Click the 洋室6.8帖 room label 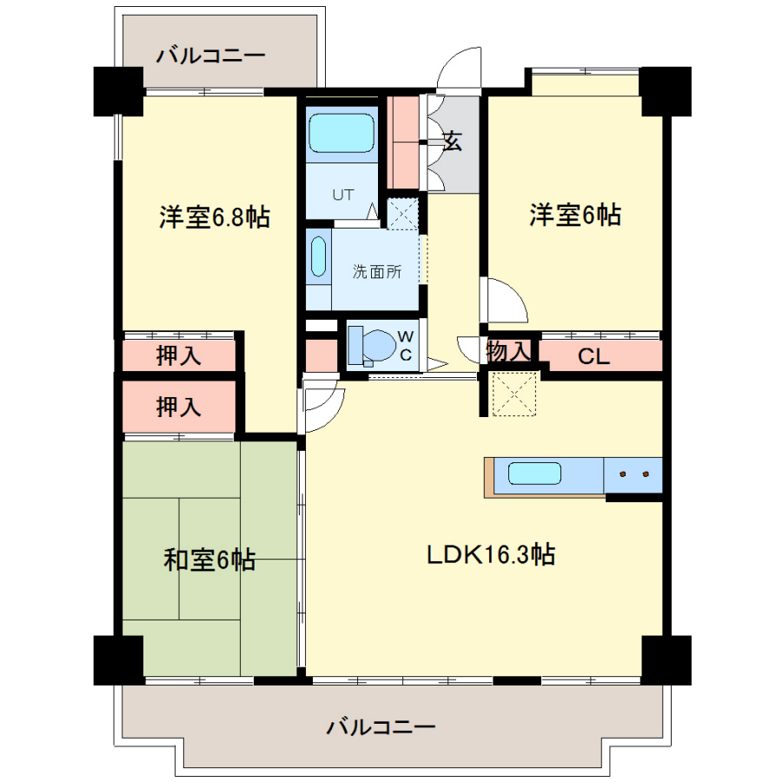click(215, 217)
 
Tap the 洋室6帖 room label click(575, 215)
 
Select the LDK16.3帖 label click(491, 554)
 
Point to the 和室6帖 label click(210, 560)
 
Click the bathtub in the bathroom click(341, 133)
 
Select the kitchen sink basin click(534, 474)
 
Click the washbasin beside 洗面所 click(319, 257)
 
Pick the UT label click(343, 195)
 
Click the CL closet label click(593, 356)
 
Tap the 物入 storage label click(508, 351)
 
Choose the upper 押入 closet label click(179, 355)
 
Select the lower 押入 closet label click(179, 407)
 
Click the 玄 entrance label click(453, 141)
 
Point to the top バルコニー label click(211, 56)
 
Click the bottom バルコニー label click(381, 727)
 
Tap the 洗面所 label click(377, 272)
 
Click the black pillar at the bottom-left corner click(119, 659)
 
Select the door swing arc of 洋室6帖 click(517, 295)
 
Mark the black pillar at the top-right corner click(666, 91)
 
